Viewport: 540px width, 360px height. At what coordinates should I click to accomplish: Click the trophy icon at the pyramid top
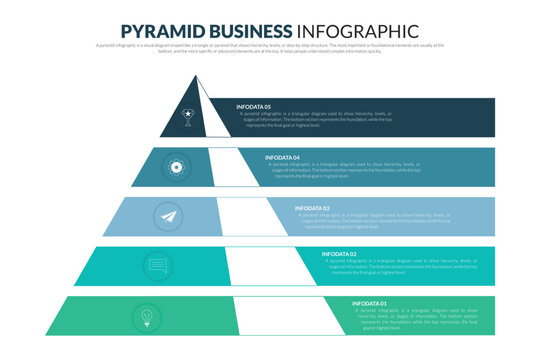pos(186,116)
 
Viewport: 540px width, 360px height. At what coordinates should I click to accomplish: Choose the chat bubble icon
pos(157,266)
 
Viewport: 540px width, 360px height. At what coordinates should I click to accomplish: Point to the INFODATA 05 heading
pos(253,106)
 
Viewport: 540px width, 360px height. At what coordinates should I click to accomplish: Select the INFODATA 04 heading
pos(282,157)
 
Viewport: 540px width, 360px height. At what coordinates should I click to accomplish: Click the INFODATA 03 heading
pos(312,208)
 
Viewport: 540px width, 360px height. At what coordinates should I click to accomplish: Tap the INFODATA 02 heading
pos(339,254)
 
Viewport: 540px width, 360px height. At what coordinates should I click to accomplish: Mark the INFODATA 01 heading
pos(369,302)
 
